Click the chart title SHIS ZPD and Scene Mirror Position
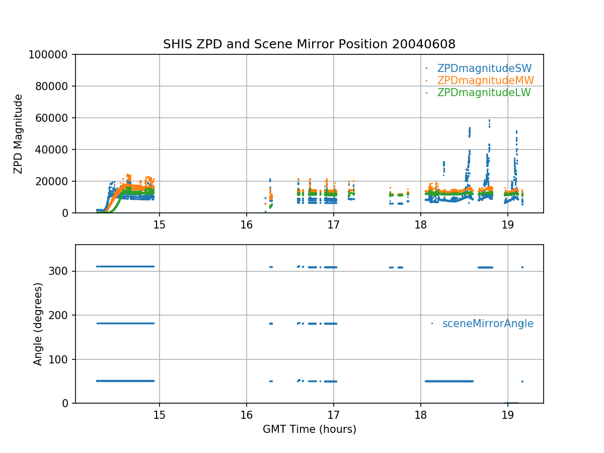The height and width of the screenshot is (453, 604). click(309, 44)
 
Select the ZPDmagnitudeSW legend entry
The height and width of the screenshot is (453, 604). click(484, 68)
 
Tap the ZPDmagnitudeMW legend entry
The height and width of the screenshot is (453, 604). click(485, 81)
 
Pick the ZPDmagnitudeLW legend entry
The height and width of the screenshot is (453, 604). click(484, 93)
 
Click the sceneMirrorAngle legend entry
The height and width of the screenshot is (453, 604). click(488, 324)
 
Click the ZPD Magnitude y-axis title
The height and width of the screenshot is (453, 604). click(19, 134)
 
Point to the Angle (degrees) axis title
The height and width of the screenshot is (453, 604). click(38, 324)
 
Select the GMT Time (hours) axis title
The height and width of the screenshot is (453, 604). click(309, 429)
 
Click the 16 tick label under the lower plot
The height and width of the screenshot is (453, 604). click(247, 414)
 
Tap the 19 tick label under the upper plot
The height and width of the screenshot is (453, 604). click(507, 224)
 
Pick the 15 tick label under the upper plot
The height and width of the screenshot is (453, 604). click(160, 224)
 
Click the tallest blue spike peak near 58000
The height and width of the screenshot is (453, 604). click(489, 121)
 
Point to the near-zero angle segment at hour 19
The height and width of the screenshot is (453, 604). click(511, 403)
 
